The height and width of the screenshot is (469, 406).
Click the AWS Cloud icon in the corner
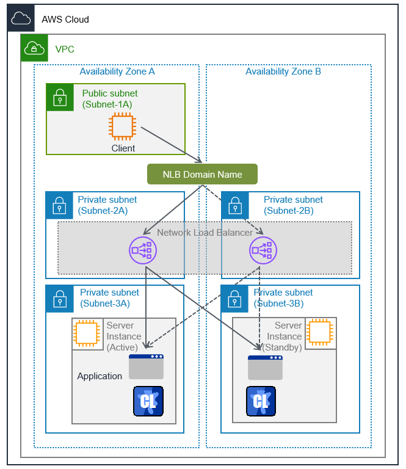pos(21,19)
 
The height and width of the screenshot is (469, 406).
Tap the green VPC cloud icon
pos(34,48)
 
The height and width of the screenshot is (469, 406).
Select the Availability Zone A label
pos(117,71)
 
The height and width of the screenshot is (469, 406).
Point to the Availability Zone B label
pos(283,71)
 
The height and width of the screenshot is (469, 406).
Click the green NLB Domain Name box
pos(202,174)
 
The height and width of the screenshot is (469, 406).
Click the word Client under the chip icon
pos(123,148)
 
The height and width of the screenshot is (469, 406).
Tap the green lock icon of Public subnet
pos(59,96)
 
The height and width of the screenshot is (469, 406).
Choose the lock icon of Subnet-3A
pos(59,298)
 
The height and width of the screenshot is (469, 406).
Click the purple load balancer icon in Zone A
pos(143,250)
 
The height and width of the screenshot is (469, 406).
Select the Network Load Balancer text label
pos(205,233)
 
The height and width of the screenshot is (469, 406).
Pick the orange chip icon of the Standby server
pos(321,333)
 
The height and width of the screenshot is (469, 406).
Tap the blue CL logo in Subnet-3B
pos(261,401)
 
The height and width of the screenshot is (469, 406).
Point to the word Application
pos(100,376)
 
